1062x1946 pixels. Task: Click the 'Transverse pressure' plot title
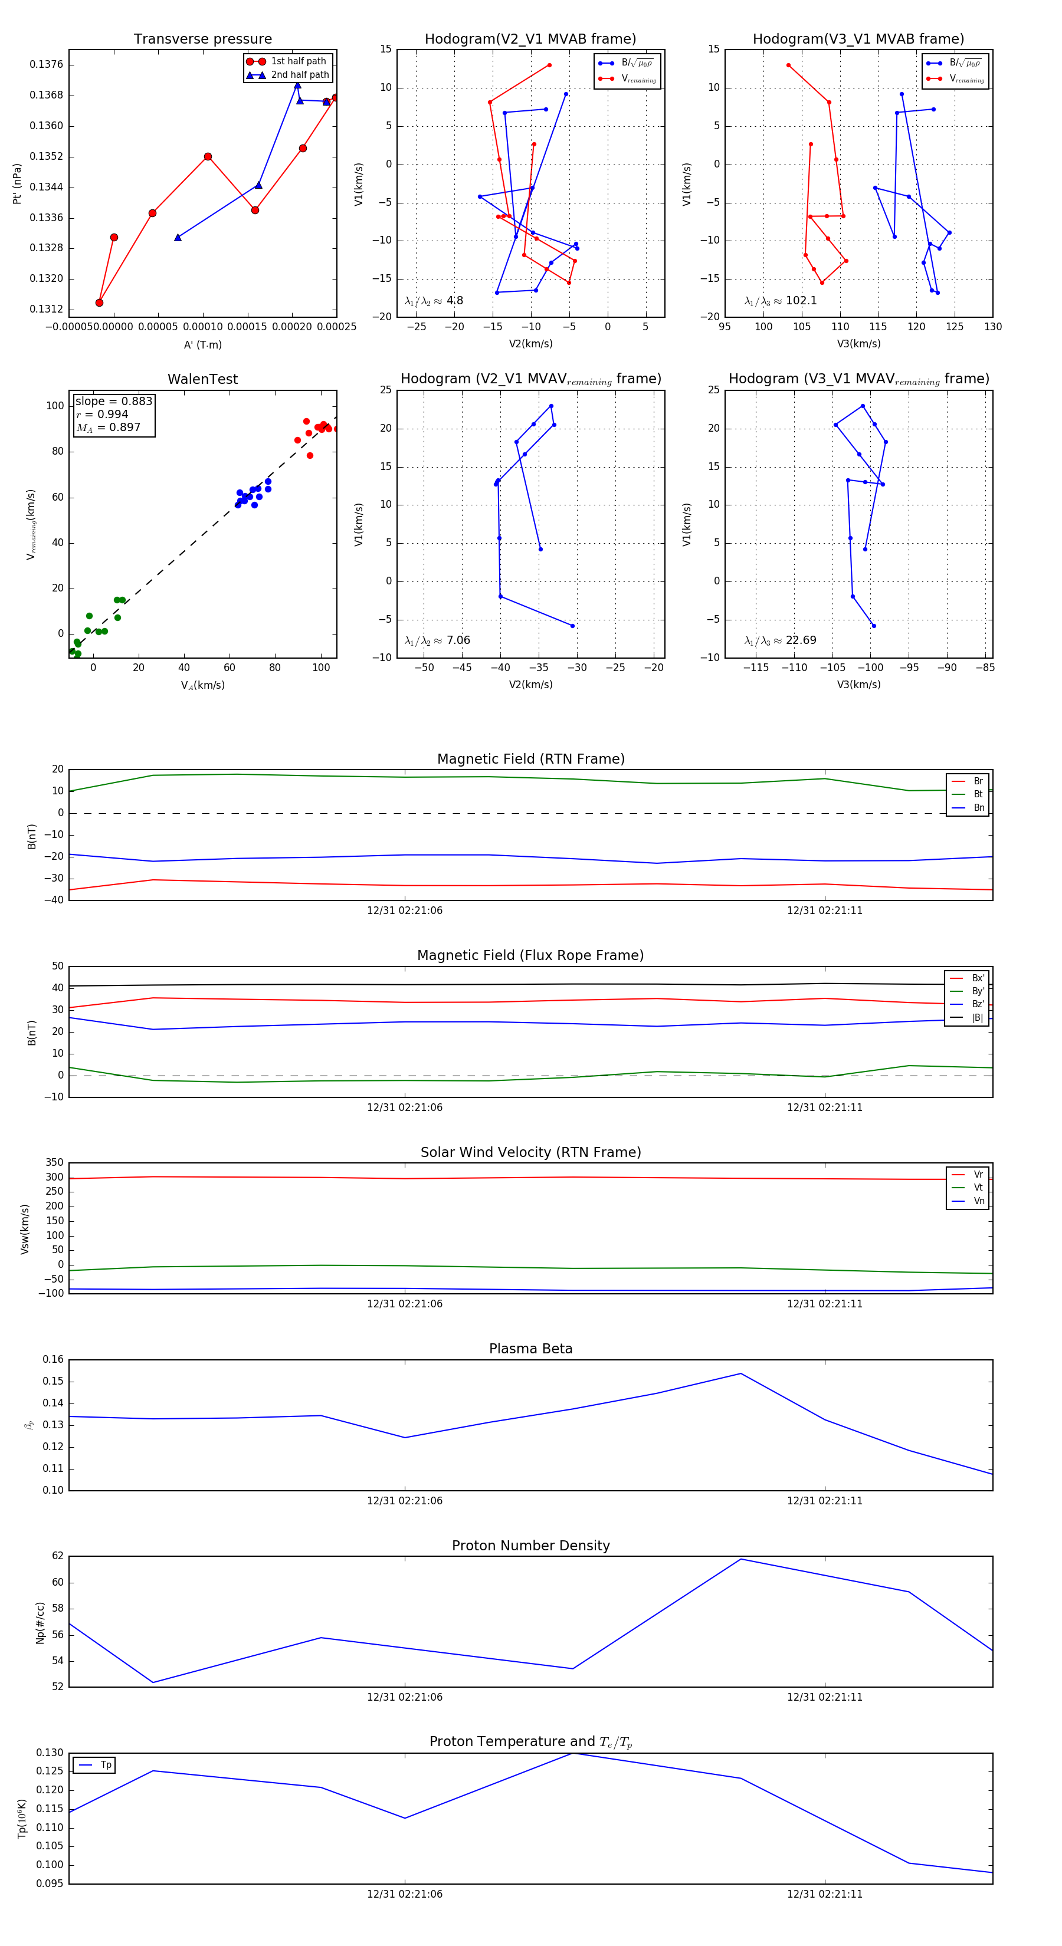pyautogui.click(x=202, y=40)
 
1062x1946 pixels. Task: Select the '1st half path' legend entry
pyautogui.click(x=298, y=61)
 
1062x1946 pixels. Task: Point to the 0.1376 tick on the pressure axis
pyautogui.click(x=46, y=64)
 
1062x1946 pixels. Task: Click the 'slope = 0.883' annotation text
pyautogui.click(x=113, y=401)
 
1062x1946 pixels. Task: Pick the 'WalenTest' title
pyautogui.click(x=202, y=379)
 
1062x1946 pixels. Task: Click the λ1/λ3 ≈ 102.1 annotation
pyautogui.click(x=780, y=301)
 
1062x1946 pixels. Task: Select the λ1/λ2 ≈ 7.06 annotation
pyautogui.click(x=437, y=640)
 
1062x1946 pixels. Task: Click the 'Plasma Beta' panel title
pyautogui.click(x=530, y=1349)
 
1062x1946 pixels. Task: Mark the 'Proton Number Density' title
pyautogui.click(x=530, y=1546)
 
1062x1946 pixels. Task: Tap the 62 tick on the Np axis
pyautogui.click(x=57, y=1556)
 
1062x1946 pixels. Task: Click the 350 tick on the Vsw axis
pyautogui.click(x=54, y=1163)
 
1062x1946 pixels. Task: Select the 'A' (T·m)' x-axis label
pyautogui.click(x=202, y=344)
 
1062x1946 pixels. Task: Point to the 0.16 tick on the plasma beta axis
pyautogui.click(x=53, y=1360)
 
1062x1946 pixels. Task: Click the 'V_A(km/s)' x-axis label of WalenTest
pyautogui.click(x=202, y=685)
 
